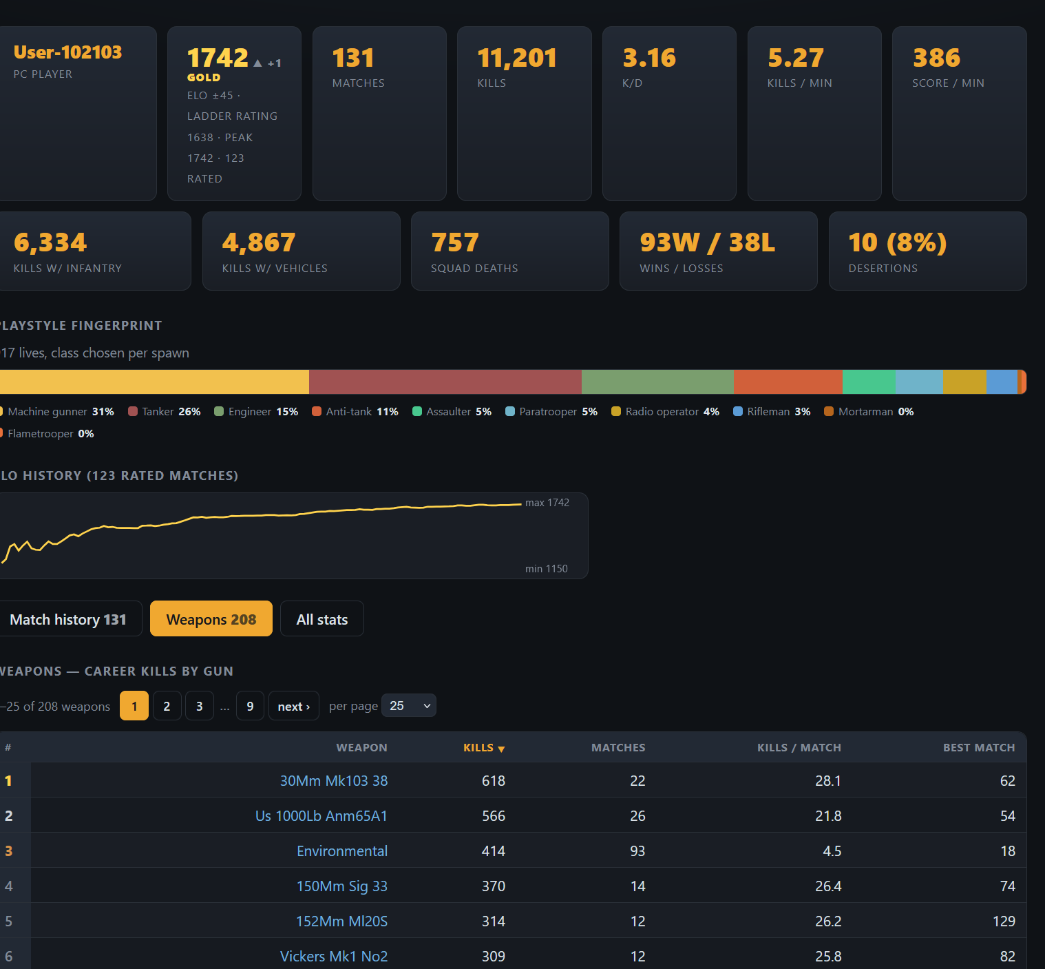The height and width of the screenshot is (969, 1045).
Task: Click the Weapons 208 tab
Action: (211, 618)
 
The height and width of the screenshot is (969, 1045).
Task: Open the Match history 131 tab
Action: (68, 618)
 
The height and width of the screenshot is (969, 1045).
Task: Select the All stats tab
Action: (322, 618)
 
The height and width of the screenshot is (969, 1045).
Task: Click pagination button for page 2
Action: (167, 706)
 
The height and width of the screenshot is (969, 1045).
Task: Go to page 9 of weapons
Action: (250, 706)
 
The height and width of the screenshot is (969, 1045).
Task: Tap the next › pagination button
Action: (294, 706)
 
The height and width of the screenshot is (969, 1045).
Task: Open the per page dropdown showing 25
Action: (409, 706)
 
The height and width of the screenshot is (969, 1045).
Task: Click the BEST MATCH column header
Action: (979, 748)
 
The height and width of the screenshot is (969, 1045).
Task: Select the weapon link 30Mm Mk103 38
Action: (334, 780)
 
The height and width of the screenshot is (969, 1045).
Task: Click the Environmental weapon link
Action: (342, 851)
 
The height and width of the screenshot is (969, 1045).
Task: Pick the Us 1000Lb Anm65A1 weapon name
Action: (321, 815)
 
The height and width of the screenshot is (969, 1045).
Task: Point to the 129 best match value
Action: (1004, 921)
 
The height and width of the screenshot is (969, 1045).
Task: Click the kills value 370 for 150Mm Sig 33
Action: (494, 886)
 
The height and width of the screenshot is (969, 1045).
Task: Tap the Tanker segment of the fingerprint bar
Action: (445, 382)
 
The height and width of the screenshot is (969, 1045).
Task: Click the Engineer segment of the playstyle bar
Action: (657, 382)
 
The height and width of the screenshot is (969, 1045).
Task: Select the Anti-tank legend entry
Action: (355, 412)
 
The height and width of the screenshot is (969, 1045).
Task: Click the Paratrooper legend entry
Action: (551, 412)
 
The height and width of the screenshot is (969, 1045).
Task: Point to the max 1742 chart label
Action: (547, 503)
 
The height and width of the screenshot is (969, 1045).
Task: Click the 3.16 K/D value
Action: (649, 58)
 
